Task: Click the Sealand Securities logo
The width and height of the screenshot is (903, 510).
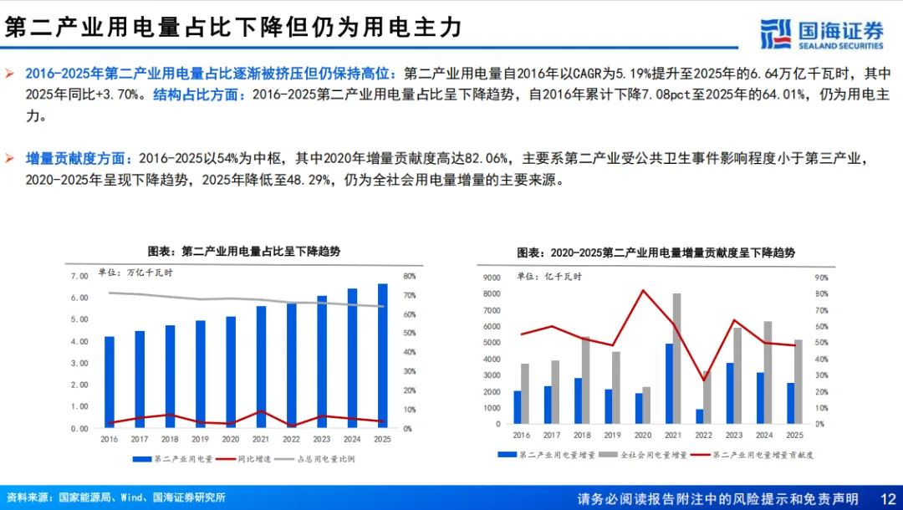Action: (x=822, y=34)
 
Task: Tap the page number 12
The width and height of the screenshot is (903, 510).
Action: (x=888, y=498)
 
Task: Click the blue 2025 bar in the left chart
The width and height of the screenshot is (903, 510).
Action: (x=382, y=355)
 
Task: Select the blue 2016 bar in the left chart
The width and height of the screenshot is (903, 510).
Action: (x=110, y=382)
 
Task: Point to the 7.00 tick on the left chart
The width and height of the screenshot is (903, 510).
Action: (x=79, y=276)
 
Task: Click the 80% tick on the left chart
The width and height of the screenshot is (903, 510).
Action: (x=409, y=276)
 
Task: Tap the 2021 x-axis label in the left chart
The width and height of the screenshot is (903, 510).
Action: (x=261, y=439)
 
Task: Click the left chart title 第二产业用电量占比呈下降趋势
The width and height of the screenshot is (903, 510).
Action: (x=244, y=252)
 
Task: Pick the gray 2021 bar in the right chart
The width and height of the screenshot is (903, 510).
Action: (x=676, y=359)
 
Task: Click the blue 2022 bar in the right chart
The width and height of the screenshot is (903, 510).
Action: (x=700, y=416)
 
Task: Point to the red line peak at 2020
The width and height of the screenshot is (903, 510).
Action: (x=643, y=290)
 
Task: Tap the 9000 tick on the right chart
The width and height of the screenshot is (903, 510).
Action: (x=492, y=278)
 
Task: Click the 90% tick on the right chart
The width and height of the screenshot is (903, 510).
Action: (x=821, y=278)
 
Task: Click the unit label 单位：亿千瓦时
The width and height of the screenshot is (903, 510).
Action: (x=549, y=276)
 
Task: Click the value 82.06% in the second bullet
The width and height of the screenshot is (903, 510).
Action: (x=486, y=158)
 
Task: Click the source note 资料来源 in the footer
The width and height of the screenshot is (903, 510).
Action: (x=115, y=497)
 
